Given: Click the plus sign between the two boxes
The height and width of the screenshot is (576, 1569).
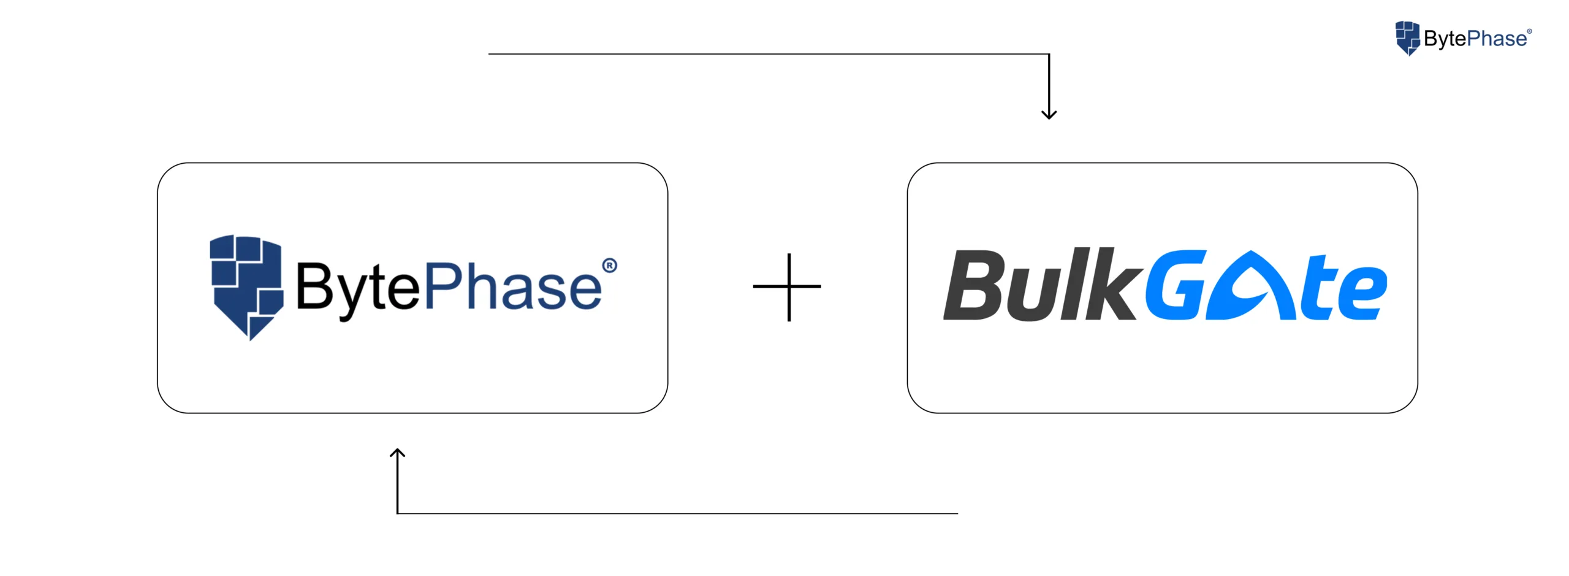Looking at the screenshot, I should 788,286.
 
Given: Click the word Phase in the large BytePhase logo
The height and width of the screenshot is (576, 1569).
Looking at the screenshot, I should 513,286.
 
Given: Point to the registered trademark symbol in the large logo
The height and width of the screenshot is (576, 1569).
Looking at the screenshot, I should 609,266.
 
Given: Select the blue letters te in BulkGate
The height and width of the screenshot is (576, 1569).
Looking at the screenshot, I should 1342,288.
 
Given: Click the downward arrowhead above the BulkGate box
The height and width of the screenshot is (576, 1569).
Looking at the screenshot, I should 1049,114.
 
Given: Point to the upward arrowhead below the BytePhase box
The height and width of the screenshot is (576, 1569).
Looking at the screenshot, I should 398,453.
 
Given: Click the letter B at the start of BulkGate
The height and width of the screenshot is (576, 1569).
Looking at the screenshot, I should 974,286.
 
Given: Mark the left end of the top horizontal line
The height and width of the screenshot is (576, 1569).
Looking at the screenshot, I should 490,54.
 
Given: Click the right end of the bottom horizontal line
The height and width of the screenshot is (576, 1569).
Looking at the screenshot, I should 957,513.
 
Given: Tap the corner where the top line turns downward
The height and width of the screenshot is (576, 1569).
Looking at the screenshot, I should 1049,55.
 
